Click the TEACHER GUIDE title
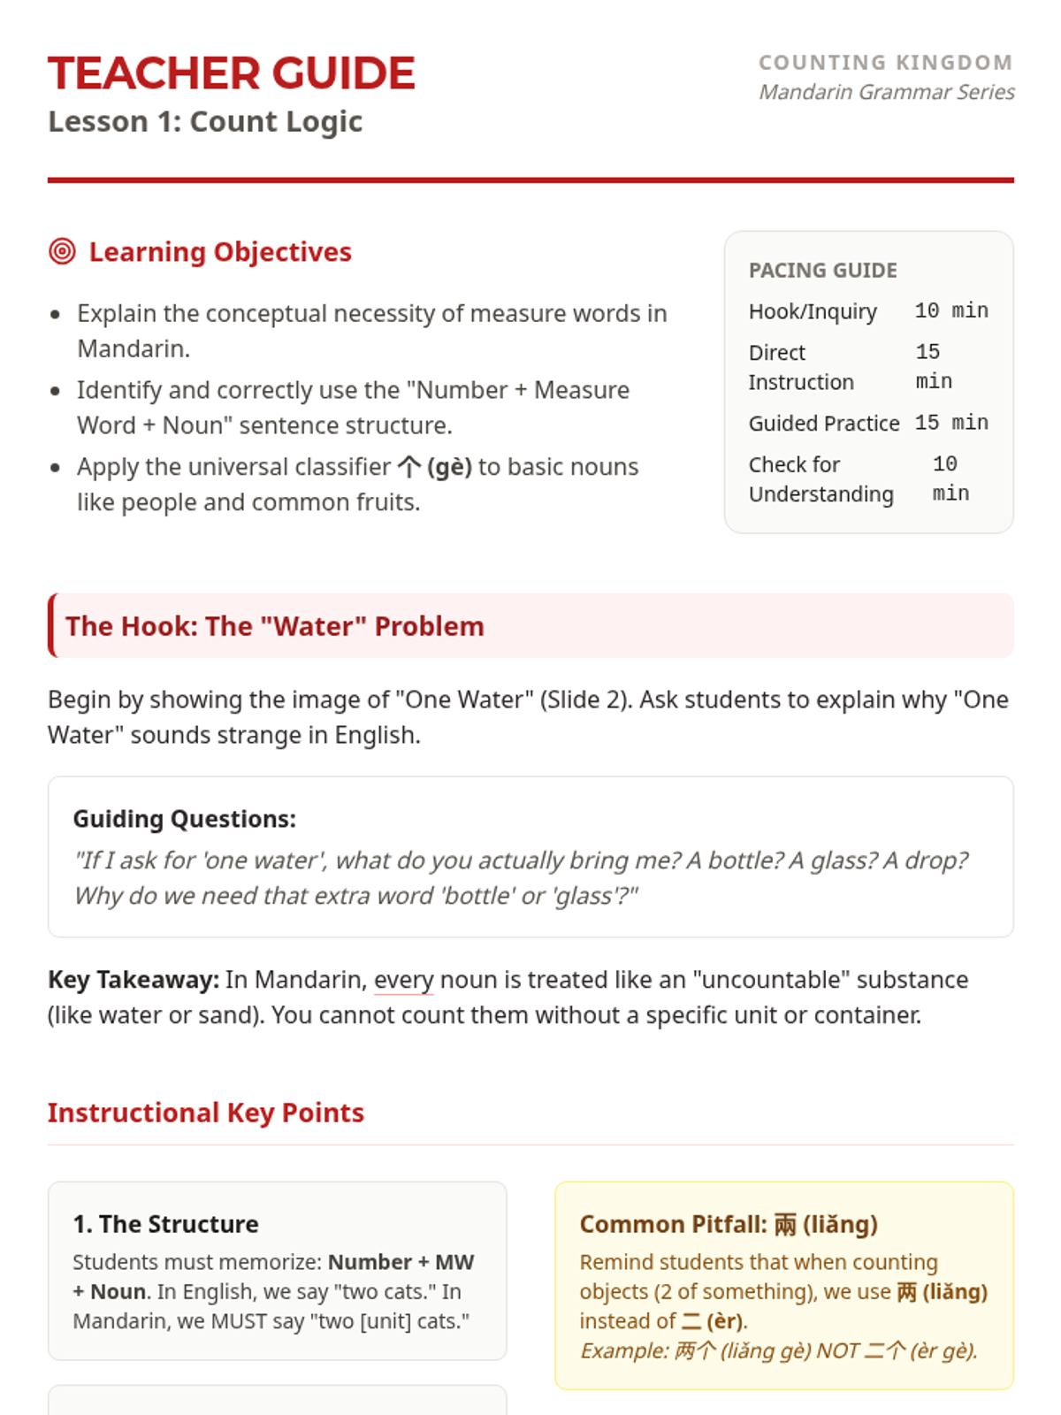[231, 73]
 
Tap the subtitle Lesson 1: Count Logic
[205, 121]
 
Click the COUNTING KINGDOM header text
[885, 63]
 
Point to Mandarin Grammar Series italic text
[886, 92]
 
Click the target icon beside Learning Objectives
[62, 252]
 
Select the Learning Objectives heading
[220, 252]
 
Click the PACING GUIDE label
[822, 271]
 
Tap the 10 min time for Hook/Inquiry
[951, 310]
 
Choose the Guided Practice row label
[824, 424]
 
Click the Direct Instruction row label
[801, 367]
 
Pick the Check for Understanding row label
[821, 479]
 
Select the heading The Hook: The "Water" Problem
[274, 626]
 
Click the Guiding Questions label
[184, 819]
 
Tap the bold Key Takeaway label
[134, 980]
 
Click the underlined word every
[403, 980]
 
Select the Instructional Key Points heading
[205, 1113]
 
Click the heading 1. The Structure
[165, 1224]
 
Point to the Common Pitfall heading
[729, 1224]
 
